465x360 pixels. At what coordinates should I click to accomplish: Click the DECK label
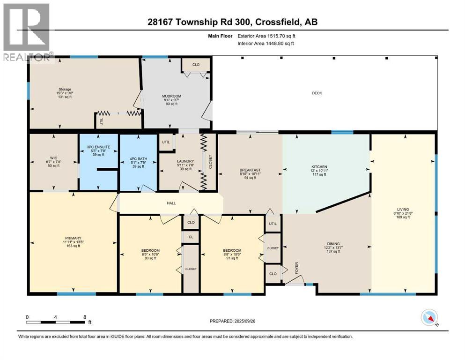(x=317, y=93)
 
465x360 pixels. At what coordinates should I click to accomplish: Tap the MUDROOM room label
(x=168, y=95)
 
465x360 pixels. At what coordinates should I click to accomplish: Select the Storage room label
(x=65, y=89)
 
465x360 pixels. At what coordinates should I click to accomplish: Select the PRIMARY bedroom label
(x=73, y=238)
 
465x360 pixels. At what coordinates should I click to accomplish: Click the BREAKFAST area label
(x=250, y=170)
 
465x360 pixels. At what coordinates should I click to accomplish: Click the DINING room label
(x=333, y=243)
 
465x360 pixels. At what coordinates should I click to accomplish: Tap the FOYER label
(x=296, y=268)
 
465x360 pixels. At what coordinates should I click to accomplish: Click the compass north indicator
(x=429, y=318)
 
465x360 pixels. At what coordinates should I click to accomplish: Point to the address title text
(x=232, y=22)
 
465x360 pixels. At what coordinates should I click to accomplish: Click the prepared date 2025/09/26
(x=232, y=321)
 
